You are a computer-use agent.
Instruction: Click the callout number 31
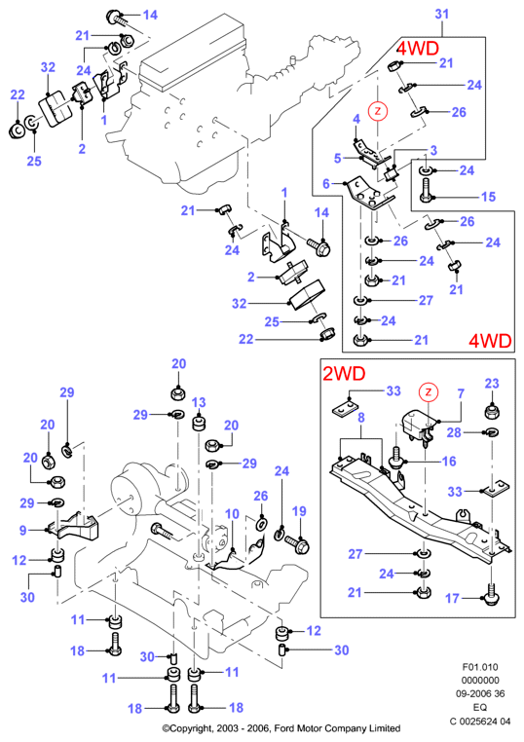(x=441, y=14)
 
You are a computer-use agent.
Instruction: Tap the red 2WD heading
(x=344, y=374)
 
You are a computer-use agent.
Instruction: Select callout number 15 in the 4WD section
(x=489, y=197)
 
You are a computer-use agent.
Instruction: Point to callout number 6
(x=326, y=184)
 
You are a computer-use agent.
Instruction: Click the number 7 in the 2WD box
(x=461, y=393)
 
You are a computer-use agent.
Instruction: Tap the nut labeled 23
(x=492, y=410)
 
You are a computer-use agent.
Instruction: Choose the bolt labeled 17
(x=493, y=592)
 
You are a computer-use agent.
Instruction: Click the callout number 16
(x=449, y=461)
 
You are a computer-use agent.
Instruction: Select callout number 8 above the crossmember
(x=361, y=418)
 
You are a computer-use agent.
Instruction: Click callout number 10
(x=232, y=513)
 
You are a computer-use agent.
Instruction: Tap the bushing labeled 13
(x=199, y=423)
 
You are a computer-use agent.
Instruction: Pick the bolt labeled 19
(x=297, y=542)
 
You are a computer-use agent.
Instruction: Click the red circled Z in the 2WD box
(x=429, y=391)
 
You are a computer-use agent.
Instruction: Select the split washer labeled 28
(x=492, y=431)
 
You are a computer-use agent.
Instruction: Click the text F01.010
(x=480, y=667)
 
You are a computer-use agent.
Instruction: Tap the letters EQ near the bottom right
(x=480, y=707)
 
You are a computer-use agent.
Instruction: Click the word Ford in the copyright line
(x=284, y=728)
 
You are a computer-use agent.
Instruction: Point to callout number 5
(x=338, y=158)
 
